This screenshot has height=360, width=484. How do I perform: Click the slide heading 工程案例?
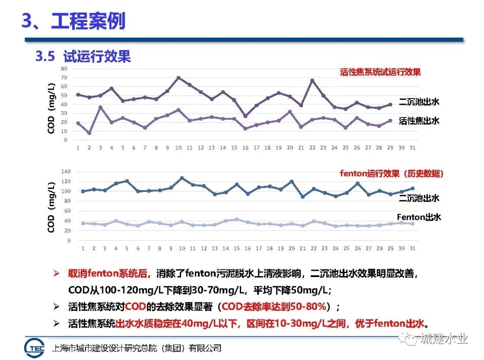(x=88, y=21)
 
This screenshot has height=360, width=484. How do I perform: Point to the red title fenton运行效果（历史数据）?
(x=391, y=173)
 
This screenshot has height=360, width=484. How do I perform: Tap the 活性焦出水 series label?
(x=419, y=121)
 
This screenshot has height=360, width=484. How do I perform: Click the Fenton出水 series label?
(x=419, y=217)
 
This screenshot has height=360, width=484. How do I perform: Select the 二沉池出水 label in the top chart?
(x=419, y=102)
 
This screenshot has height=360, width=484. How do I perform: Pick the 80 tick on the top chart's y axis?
(x=64, y=69)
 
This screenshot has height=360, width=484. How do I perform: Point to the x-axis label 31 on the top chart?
(x=412, y=147)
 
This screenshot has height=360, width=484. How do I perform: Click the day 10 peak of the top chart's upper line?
(x=178, y=78)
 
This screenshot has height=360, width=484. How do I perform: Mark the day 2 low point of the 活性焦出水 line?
(x=89, y=133)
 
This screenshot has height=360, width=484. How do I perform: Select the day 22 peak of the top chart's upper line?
(x=312, y=80)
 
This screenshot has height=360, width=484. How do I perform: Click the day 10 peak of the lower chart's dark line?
(x=181, y=178)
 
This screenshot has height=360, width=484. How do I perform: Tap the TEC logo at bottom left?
(x=36, y=348)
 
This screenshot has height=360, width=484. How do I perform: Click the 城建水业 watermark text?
(x=444, y=338)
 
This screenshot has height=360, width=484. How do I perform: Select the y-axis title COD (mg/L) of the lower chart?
(x=52, y=207)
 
